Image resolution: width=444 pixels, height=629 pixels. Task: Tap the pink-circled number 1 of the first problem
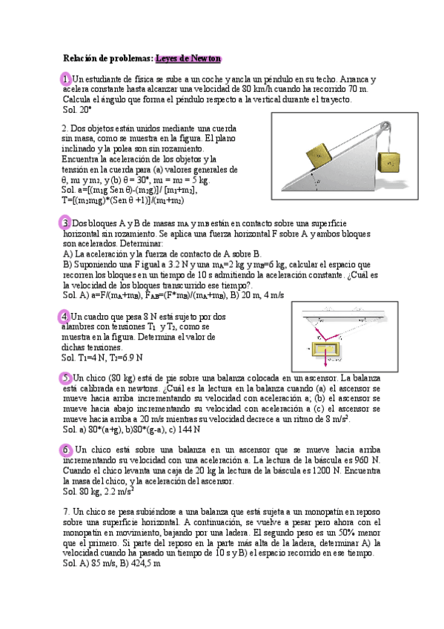[x=66, y=79]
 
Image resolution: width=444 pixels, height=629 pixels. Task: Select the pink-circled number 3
[x=66, y=223]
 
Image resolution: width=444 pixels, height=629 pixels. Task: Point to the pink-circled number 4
[x=66, y=317]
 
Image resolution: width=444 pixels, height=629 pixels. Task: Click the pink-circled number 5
[x=66, y=378]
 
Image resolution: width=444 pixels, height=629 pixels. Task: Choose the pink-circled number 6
[x=66, y=450]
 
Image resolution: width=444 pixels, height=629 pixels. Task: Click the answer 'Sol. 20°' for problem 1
[x=77, y=110]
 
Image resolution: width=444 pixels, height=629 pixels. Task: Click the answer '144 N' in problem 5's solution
[x=189, y=429]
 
